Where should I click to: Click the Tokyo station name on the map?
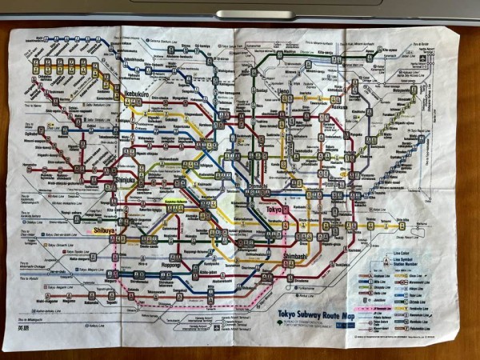pyautogui.click(x=275, y=210)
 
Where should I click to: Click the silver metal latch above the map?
pyautogui.click(x=243, y=14)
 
